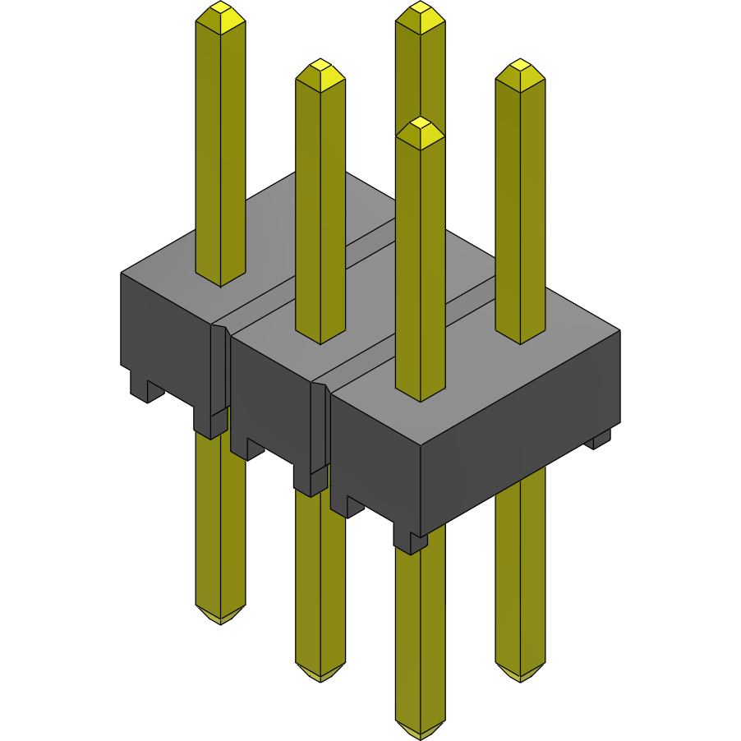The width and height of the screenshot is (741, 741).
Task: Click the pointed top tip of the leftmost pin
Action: pos(220,10)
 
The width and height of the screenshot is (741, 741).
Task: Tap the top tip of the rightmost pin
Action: pos(520,67)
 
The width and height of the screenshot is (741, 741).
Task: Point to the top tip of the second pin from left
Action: pos(320,67)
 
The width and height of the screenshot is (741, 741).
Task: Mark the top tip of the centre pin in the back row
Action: pos(420,10)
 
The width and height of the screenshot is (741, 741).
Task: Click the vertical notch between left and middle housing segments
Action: pos(219,370)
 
